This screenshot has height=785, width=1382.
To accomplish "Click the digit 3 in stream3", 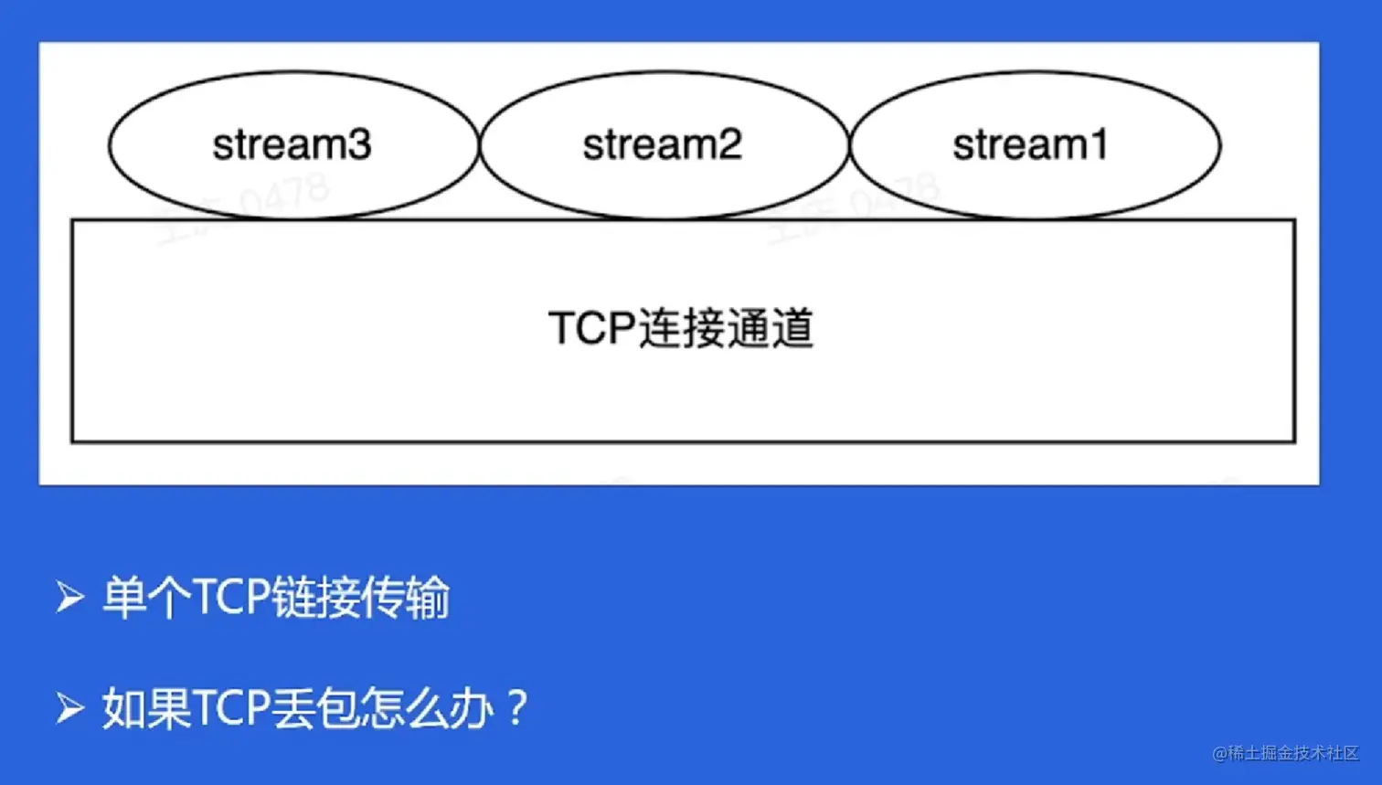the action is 359,145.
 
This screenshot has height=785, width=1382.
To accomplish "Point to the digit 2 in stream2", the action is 729,145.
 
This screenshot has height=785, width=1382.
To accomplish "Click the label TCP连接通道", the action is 681,328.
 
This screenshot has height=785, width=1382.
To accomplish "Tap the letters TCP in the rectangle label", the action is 591,328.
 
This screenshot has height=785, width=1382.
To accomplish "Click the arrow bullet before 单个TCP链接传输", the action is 69,598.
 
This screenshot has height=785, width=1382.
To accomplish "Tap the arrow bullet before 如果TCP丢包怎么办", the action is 69,708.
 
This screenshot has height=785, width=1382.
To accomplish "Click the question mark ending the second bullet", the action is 516,708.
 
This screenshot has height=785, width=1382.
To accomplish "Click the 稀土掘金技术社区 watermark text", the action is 1292,753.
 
